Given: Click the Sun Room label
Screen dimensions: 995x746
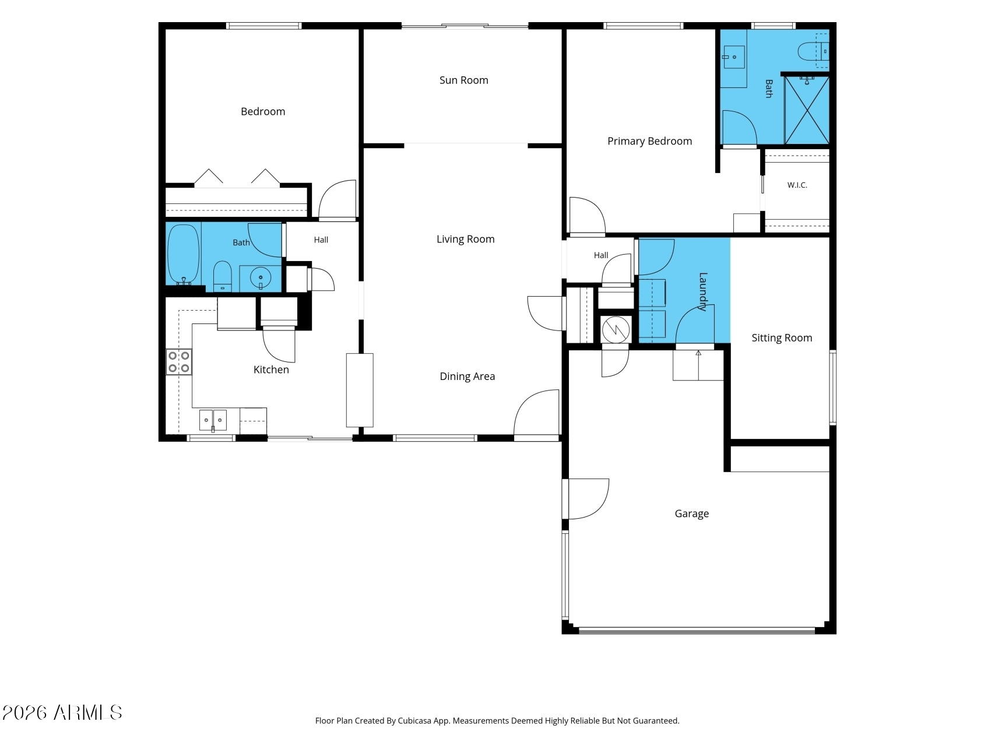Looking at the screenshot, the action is pyautogui.click(x=463, y=80).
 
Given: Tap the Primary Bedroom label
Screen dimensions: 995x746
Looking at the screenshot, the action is pyautogui.click(x=649, y=141).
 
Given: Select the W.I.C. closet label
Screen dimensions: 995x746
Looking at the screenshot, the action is pyautogui.click(x=797, y=185).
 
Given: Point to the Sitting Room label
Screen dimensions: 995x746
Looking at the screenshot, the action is pyautogui.click(x=781, y=338).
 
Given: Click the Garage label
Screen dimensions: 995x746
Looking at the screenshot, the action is pyautogui.click(x=691, y=513).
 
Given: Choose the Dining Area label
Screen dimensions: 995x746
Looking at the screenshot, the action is pyautogui.click(x=467, y=376).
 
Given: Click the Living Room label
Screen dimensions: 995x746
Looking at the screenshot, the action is pyautogui.click(x=465, y=239).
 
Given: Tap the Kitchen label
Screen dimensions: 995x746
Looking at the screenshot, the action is pyautogui.click(x=271, y=370).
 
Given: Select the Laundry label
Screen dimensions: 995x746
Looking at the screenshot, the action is pyautogui.click(x=703, y=291).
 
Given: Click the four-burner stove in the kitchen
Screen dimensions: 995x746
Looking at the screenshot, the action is pyautogui.click(x=179, y=361).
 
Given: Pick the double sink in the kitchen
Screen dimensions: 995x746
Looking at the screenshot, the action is pyautogui.click(x=213, y=420).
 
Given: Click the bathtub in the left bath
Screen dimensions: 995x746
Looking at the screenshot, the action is pyautogui.click(x=184, y=255).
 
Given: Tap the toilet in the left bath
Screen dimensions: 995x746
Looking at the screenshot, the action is pyautogui.click(x=222, y=276).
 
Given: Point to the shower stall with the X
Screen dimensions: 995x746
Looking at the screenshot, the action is pyautogui.click(x=807, y=110).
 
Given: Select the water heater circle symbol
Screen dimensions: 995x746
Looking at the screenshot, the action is pyautogui.click(x=616, y=330).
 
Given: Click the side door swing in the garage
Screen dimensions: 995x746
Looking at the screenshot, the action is pyautogui.click(x=588, y=499).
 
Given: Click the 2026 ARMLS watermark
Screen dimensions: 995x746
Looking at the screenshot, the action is pyautogui.click(x=62, y=712).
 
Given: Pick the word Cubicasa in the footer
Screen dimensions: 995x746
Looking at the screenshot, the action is pyautogui.click(x=414, y=721).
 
